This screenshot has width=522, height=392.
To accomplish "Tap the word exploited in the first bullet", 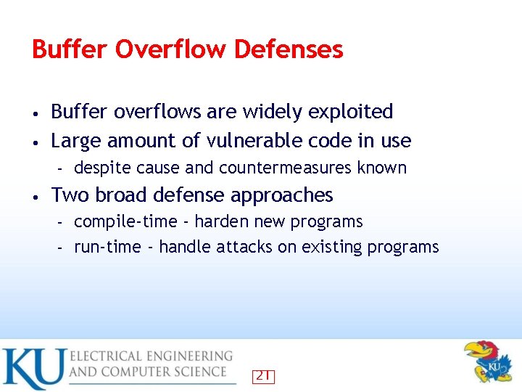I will pyautogui.click(x=350, y=112).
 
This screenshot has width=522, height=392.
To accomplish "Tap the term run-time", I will pyautogui.click(x=107, y=248).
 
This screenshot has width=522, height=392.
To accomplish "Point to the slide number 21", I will pyautogui.click(x=262, y=376).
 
